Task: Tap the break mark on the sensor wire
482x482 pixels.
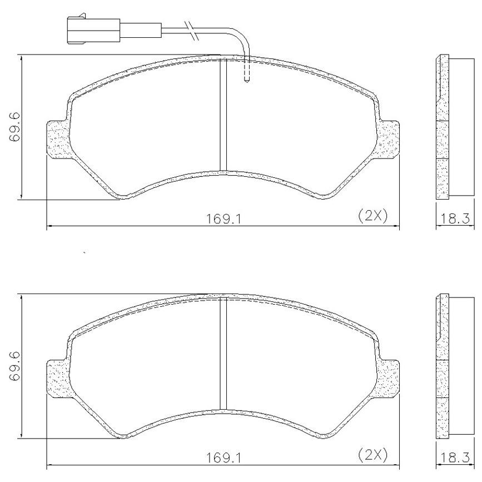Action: tap(191, 31)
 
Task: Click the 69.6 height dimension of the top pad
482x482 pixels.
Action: tap(14, 127)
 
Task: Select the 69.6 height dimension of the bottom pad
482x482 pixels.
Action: tap(14, 366)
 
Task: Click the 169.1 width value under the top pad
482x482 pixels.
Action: tap(223, 219)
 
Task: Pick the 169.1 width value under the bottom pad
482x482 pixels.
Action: tap(223, 458)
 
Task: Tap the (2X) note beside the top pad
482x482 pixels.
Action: tap(373, 216)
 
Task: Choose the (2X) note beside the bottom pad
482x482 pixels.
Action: tap(373, 455)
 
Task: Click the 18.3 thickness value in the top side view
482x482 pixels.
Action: tap(455, 219)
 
